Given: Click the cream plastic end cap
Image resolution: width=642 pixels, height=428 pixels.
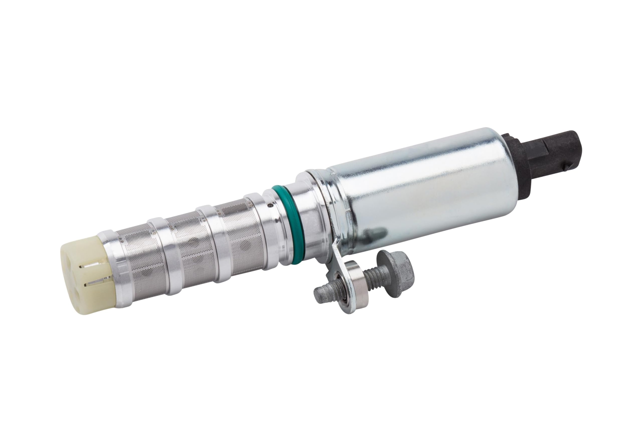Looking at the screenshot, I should (82, 276).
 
